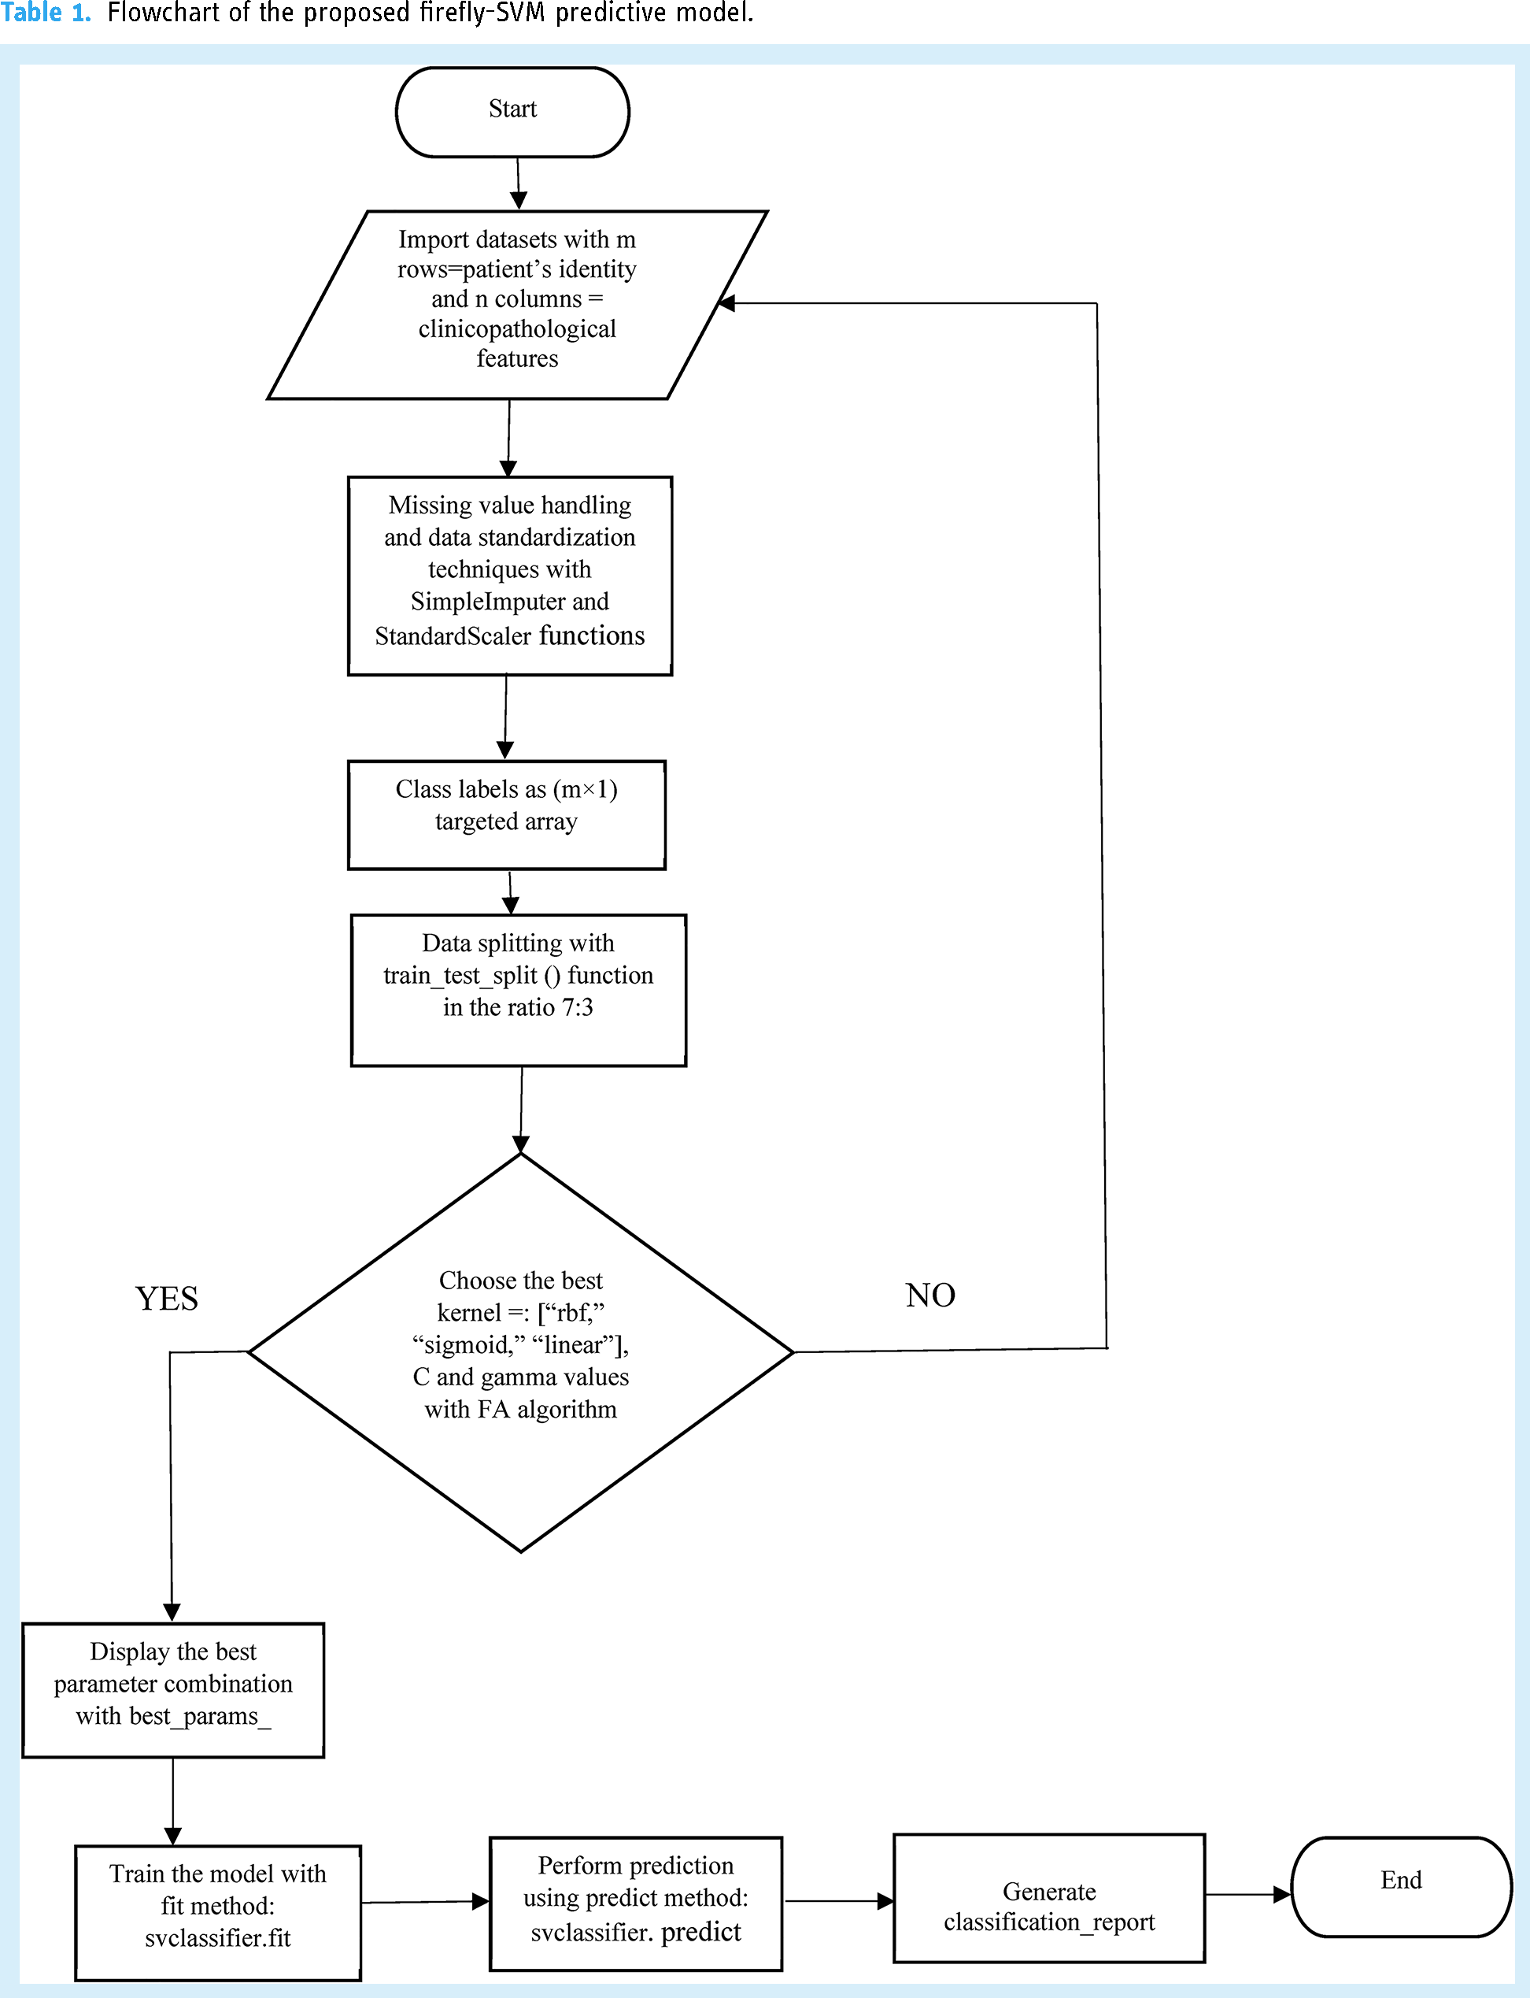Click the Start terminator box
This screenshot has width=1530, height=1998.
point(512,112)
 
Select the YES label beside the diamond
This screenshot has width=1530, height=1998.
point(167,1299)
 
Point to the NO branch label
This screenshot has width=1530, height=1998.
point(929,1295)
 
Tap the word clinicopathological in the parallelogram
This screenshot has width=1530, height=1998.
point(517,329)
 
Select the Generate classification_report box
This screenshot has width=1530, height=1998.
point(1049,1898)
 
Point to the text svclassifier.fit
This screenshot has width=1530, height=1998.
point(218,1938)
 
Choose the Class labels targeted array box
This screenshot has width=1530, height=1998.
point(506,814)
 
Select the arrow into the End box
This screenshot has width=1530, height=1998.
point(1248,1894)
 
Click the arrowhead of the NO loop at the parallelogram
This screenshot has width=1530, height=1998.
point(726,302)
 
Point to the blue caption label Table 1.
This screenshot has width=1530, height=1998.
point(46,13)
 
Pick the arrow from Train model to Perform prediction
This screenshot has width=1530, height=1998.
point(425,1901)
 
